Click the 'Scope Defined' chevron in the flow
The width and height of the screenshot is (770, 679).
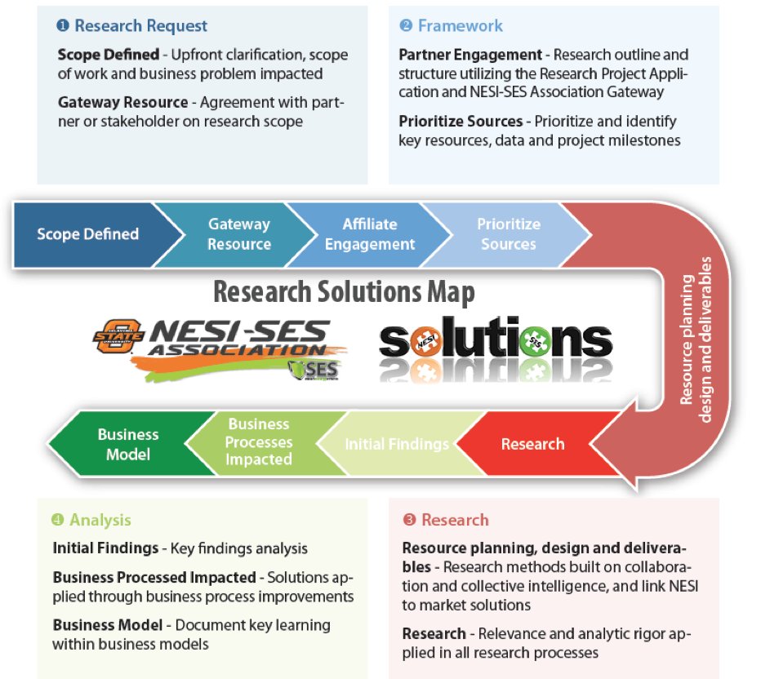point(87,234)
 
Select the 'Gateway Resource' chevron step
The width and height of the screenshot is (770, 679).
point(238,234)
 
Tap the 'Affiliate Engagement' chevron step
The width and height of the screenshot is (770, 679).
point(369,234)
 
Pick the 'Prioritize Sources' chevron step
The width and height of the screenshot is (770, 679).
point(508,234)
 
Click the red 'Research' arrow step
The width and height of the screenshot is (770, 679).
point(532,444)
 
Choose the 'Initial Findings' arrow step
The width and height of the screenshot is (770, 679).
point(397,444)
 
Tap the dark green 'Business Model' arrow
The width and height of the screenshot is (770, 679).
point(127,444)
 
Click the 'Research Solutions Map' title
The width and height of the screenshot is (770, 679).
point(344,292)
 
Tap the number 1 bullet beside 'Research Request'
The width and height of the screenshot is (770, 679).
point(63,26)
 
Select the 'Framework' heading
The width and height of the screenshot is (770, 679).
point(460,26)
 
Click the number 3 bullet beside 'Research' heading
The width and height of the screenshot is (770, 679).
point(409,520)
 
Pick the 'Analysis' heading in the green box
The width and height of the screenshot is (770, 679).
point(100,520)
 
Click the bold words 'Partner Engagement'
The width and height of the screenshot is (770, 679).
point(470,55)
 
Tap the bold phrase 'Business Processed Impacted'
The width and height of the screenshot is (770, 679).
point(154,578)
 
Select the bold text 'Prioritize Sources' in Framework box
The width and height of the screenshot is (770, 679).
point(461,122)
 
